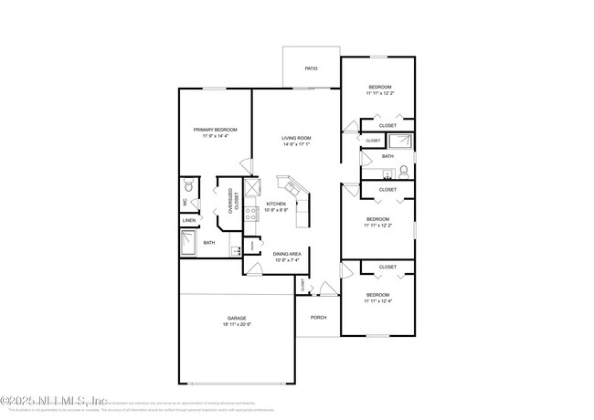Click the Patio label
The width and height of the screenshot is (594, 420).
(311, 68)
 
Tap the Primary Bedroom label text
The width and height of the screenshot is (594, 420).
(215, 130)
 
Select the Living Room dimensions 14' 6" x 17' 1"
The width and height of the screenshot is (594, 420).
(296, 143)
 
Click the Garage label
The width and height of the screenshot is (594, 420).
(237, 319)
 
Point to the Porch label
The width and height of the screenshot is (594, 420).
(318, 317)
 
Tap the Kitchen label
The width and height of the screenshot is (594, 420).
(276, 204)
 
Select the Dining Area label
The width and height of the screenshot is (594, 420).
(288, 254)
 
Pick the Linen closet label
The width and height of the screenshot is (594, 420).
(189, 220)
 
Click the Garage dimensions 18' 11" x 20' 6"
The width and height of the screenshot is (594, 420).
(237, 325)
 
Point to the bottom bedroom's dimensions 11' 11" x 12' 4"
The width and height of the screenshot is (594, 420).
(378, 300)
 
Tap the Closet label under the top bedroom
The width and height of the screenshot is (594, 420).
(387, 125)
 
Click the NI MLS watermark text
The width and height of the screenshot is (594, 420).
(55, 400)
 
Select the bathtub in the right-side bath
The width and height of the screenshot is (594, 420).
(400, 141)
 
